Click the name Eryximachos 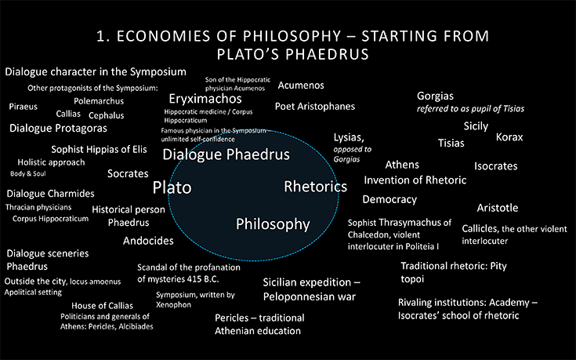click(205, 99)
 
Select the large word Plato click(172, 187)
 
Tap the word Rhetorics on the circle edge click(316, 187)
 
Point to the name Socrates click(128, 173)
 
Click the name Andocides click(148, 241)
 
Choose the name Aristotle click(498, 208)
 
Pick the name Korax click(509, 137)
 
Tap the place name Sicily click(476, 126)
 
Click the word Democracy click(389, 199)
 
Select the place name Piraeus click(24, 107)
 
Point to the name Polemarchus click(99, 101)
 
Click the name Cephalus click(106, 115)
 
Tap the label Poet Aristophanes click(315, 106)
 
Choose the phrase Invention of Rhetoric click(415, 180)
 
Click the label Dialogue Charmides click(50, 194)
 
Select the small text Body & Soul click(28, 173)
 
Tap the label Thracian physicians click(38, 207)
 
